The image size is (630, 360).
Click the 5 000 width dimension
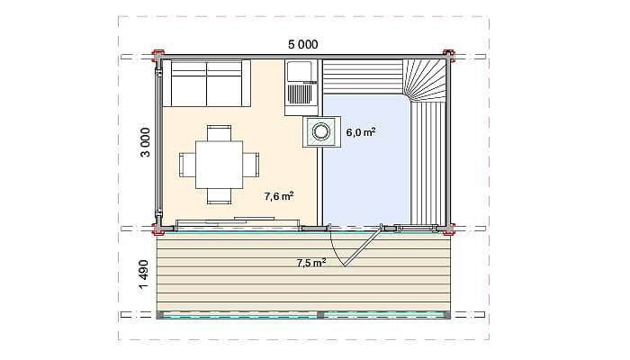click(303, 44)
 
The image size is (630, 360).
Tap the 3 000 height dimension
click(145, 142)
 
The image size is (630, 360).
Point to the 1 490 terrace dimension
click(143, 274)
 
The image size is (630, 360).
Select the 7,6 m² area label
click(279, 196)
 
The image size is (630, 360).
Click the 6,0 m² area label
click(361, 132)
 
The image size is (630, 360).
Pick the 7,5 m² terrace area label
click(311, 263)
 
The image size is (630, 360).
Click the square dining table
click(219, 165)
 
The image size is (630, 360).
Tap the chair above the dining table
click(219, 132)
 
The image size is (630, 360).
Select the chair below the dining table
click(219, 196)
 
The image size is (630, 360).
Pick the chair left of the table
click(187, 165)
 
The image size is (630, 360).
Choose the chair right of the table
click(251, 165)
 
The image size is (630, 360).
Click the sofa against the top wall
click(206, 83)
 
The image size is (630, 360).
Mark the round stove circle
click(321, 131)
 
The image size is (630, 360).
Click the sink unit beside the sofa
click(301, 88)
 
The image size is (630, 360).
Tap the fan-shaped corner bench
click(424, 79)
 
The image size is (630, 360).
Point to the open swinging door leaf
click(363, 245)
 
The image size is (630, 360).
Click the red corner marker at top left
click(157, 56)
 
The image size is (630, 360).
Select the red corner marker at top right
click(449, 56)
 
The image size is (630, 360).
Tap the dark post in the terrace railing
click(320, 315)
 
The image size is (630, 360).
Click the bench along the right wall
click(428, 162)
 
